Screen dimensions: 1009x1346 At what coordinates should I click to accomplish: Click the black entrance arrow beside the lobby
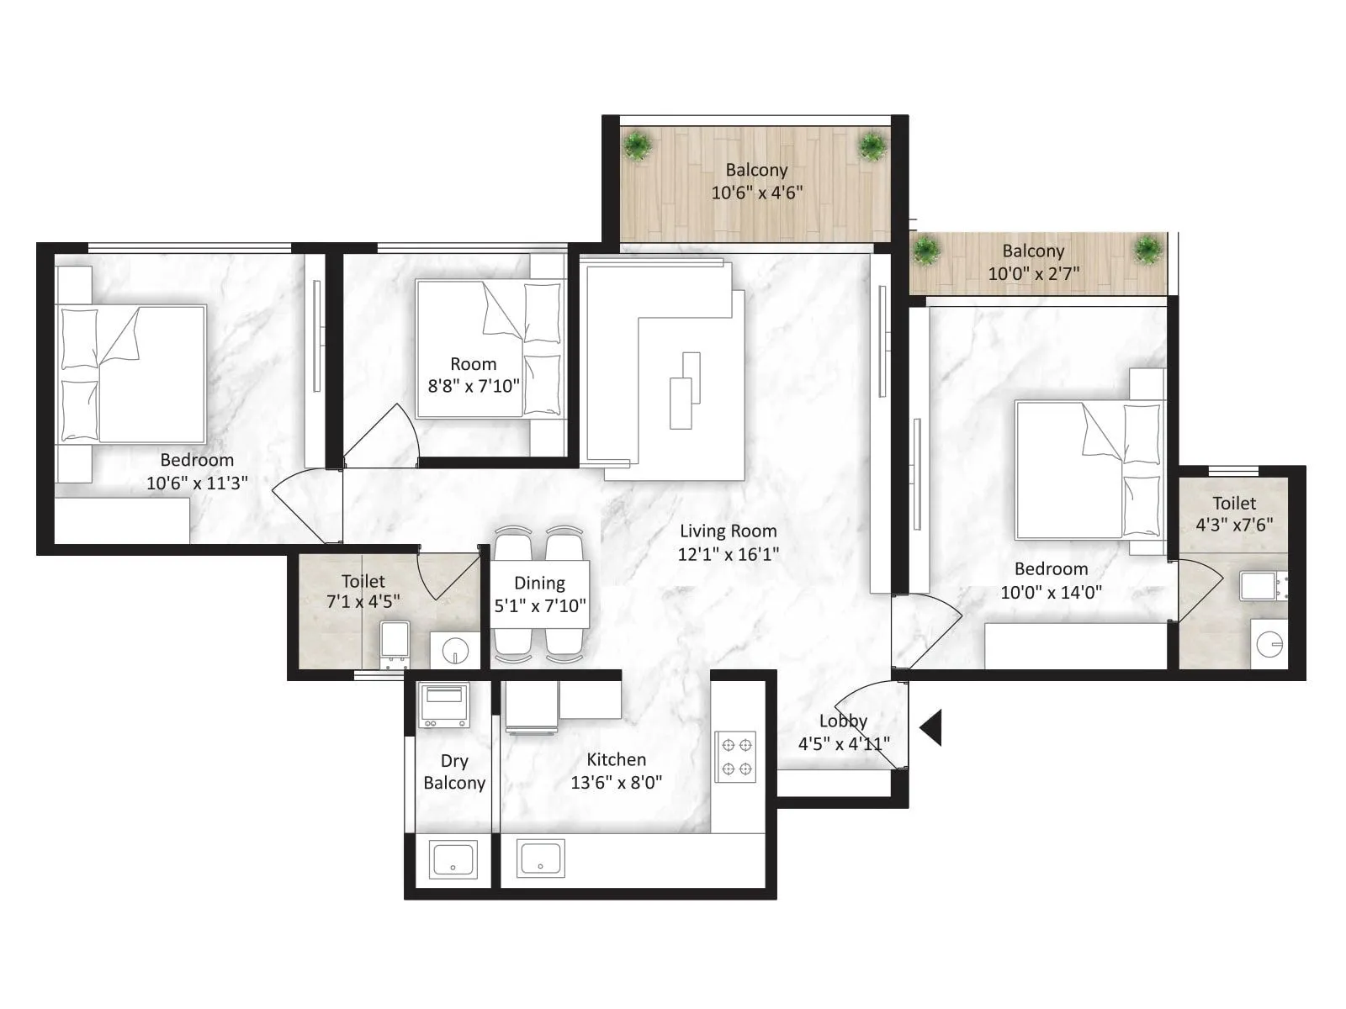(x=932, y=727)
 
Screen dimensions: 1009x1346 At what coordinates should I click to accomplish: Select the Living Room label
(x=728, y=531)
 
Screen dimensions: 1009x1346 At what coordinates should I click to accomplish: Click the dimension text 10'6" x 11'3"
(x=197, y=483)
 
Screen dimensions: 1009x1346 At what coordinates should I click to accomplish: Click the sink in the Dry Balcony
(x=453, y=858)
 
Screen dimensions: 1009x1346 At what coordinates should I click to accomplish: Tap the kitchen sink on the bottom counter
(x=541, y=858)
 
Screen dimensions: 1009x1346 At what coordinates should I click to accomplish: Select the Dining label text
(x=539, y=583)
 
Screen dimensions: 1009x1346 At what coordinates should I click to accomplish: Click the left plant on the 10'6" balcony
(x=638, y=146)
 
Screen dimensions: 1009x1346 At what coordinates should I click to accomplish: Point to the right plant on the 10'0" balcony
(x=1147, y=250)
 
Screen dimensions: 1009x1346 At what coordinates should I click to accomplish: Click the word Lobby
(x=843, y=721)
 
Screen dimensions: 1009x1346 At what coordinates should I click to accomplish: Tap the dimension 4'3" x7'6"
(x=1234, y=525)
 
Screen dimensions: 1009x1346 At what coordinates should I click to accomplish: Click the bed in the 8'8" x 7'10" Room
(x=488, y=349)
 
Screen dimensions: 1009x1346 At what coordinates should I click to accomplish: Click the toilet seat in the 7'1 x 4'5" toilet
(x=394, y=646)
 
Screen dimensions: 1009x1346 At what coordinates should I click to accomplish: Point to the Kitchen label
(x=616, y=759)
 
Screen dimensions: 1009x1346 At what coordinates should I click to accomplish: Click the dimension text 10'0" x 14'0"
(x=1051, y=592)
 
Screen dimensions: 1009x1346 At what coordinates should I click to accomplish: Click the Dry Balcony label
(x=454, y=772)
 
